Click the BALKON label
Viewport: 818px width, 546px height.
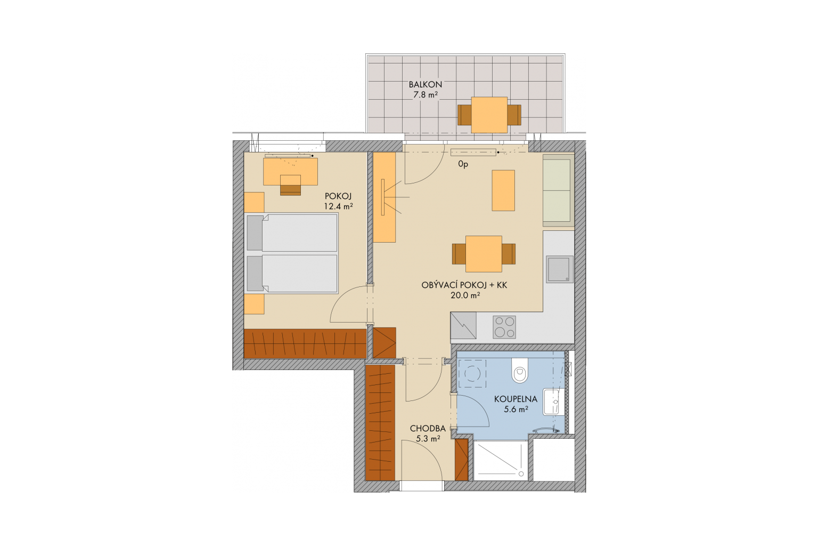[425, 84]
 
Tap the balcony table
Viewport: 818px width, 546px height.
[489, 115]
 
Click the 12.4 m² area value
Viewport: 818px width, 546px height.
[338, 206]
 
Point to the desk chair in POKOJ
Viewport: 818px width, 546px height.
[290, 185]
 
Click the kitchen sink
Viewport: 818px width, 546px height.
[560, 269]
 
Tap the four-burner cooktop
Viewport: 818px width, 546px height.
[504, 327]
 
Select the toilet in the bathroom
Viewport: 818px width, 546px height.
[520, 370]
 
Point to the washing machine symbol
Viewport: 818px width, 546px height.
[472, 373]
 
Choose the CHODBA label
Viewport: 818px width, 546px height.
[428, 428]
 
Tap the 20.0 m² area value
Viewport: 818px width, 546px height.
[465, 295]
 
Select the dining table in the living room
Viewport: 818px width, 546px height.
[484, 254]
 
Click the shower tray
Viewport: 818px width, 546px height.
[501, 461]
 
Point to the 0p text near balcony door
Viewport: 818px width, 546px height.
[463, 165]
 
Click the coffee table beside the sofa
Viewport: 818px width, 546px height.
[503, 190]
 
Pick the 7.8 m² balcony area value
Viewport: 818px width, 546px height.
[426, 95]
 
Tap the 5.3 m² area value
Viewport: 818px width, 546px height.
[428, 438]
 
